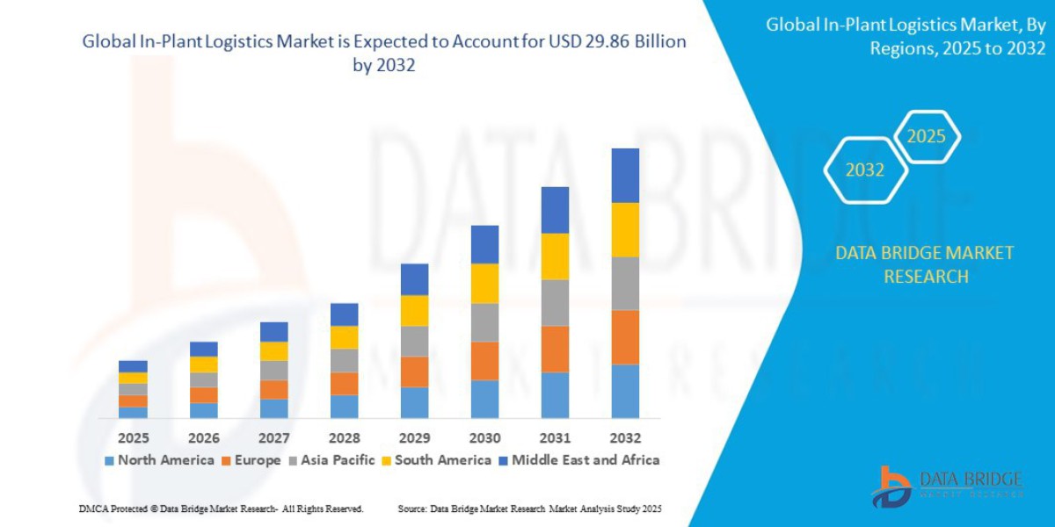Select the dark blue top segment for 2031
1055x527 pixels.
pyautogui.click(x=555, y=210)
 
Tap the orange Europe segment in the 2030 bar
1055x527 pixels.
pyautogui.click(x=484, y=360)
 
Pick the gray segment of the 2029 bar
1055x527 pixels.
pyautogui.click(x=414, y=341)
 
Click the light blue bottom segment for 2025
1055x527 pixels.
pyautogui.click(x=133, y=412)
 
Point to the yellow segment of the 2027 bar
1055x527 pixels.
pyautogui.click(x=273, y=351)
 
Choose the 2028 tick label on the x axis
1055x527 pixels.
pyautogui.click(x=344, y=437)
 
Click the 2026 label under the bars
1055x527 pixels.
pyautogui.click(x=203, y=437)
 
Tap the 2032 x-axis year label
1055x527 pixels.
pyautogui.click(x=625, y=437)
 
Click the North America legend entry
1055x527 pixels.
pyautogui.click(x=159, y=460)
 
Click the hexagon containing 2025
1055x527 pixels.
pyautogui.click(x=926, y=137)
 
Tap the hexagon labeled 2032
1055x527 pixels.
pyautogui.click(x=865, y=170)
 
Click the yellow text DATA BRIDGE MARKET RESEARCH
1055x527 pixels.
pyautogui.click(x=924, y=264)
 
